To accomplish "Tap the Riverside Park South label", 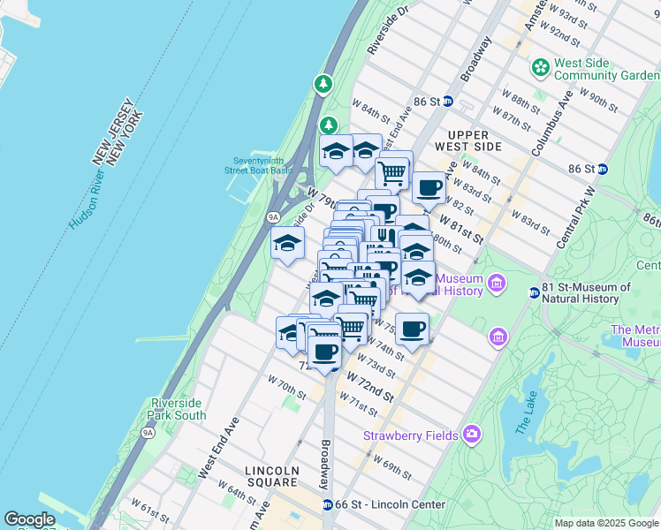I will pyautogui.click(x=179, y=409).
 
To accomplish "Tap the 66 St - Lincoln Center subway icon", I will pyautogui.click(x=328, y=504).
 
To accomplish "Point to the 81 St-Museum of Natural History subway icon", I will pyautogui.click(x=535, y=292).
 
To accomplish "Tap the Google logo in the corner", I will pyautogui.click(x=29, y=519).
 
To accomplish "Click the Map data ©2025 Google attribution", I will pyautogui.click(x=606, y=523).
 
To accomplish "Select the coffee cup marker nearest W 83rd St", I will pyautogui.click(x=429, y=187).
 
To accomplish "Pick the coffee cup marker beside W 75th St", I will pyautogui.click(x=412, y=329).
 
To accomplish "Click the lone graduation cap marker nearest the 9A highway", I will pyautogui.click(x=287, y=244).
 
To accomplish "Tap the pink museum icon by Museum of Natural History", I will pyautogui.click(x=497, y=284).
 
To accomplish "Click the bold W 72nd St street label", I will pyautogui.click(x=369, y=387).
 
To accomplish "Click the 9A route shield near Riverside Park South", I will pyautogui.click(x=148, y=432).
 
